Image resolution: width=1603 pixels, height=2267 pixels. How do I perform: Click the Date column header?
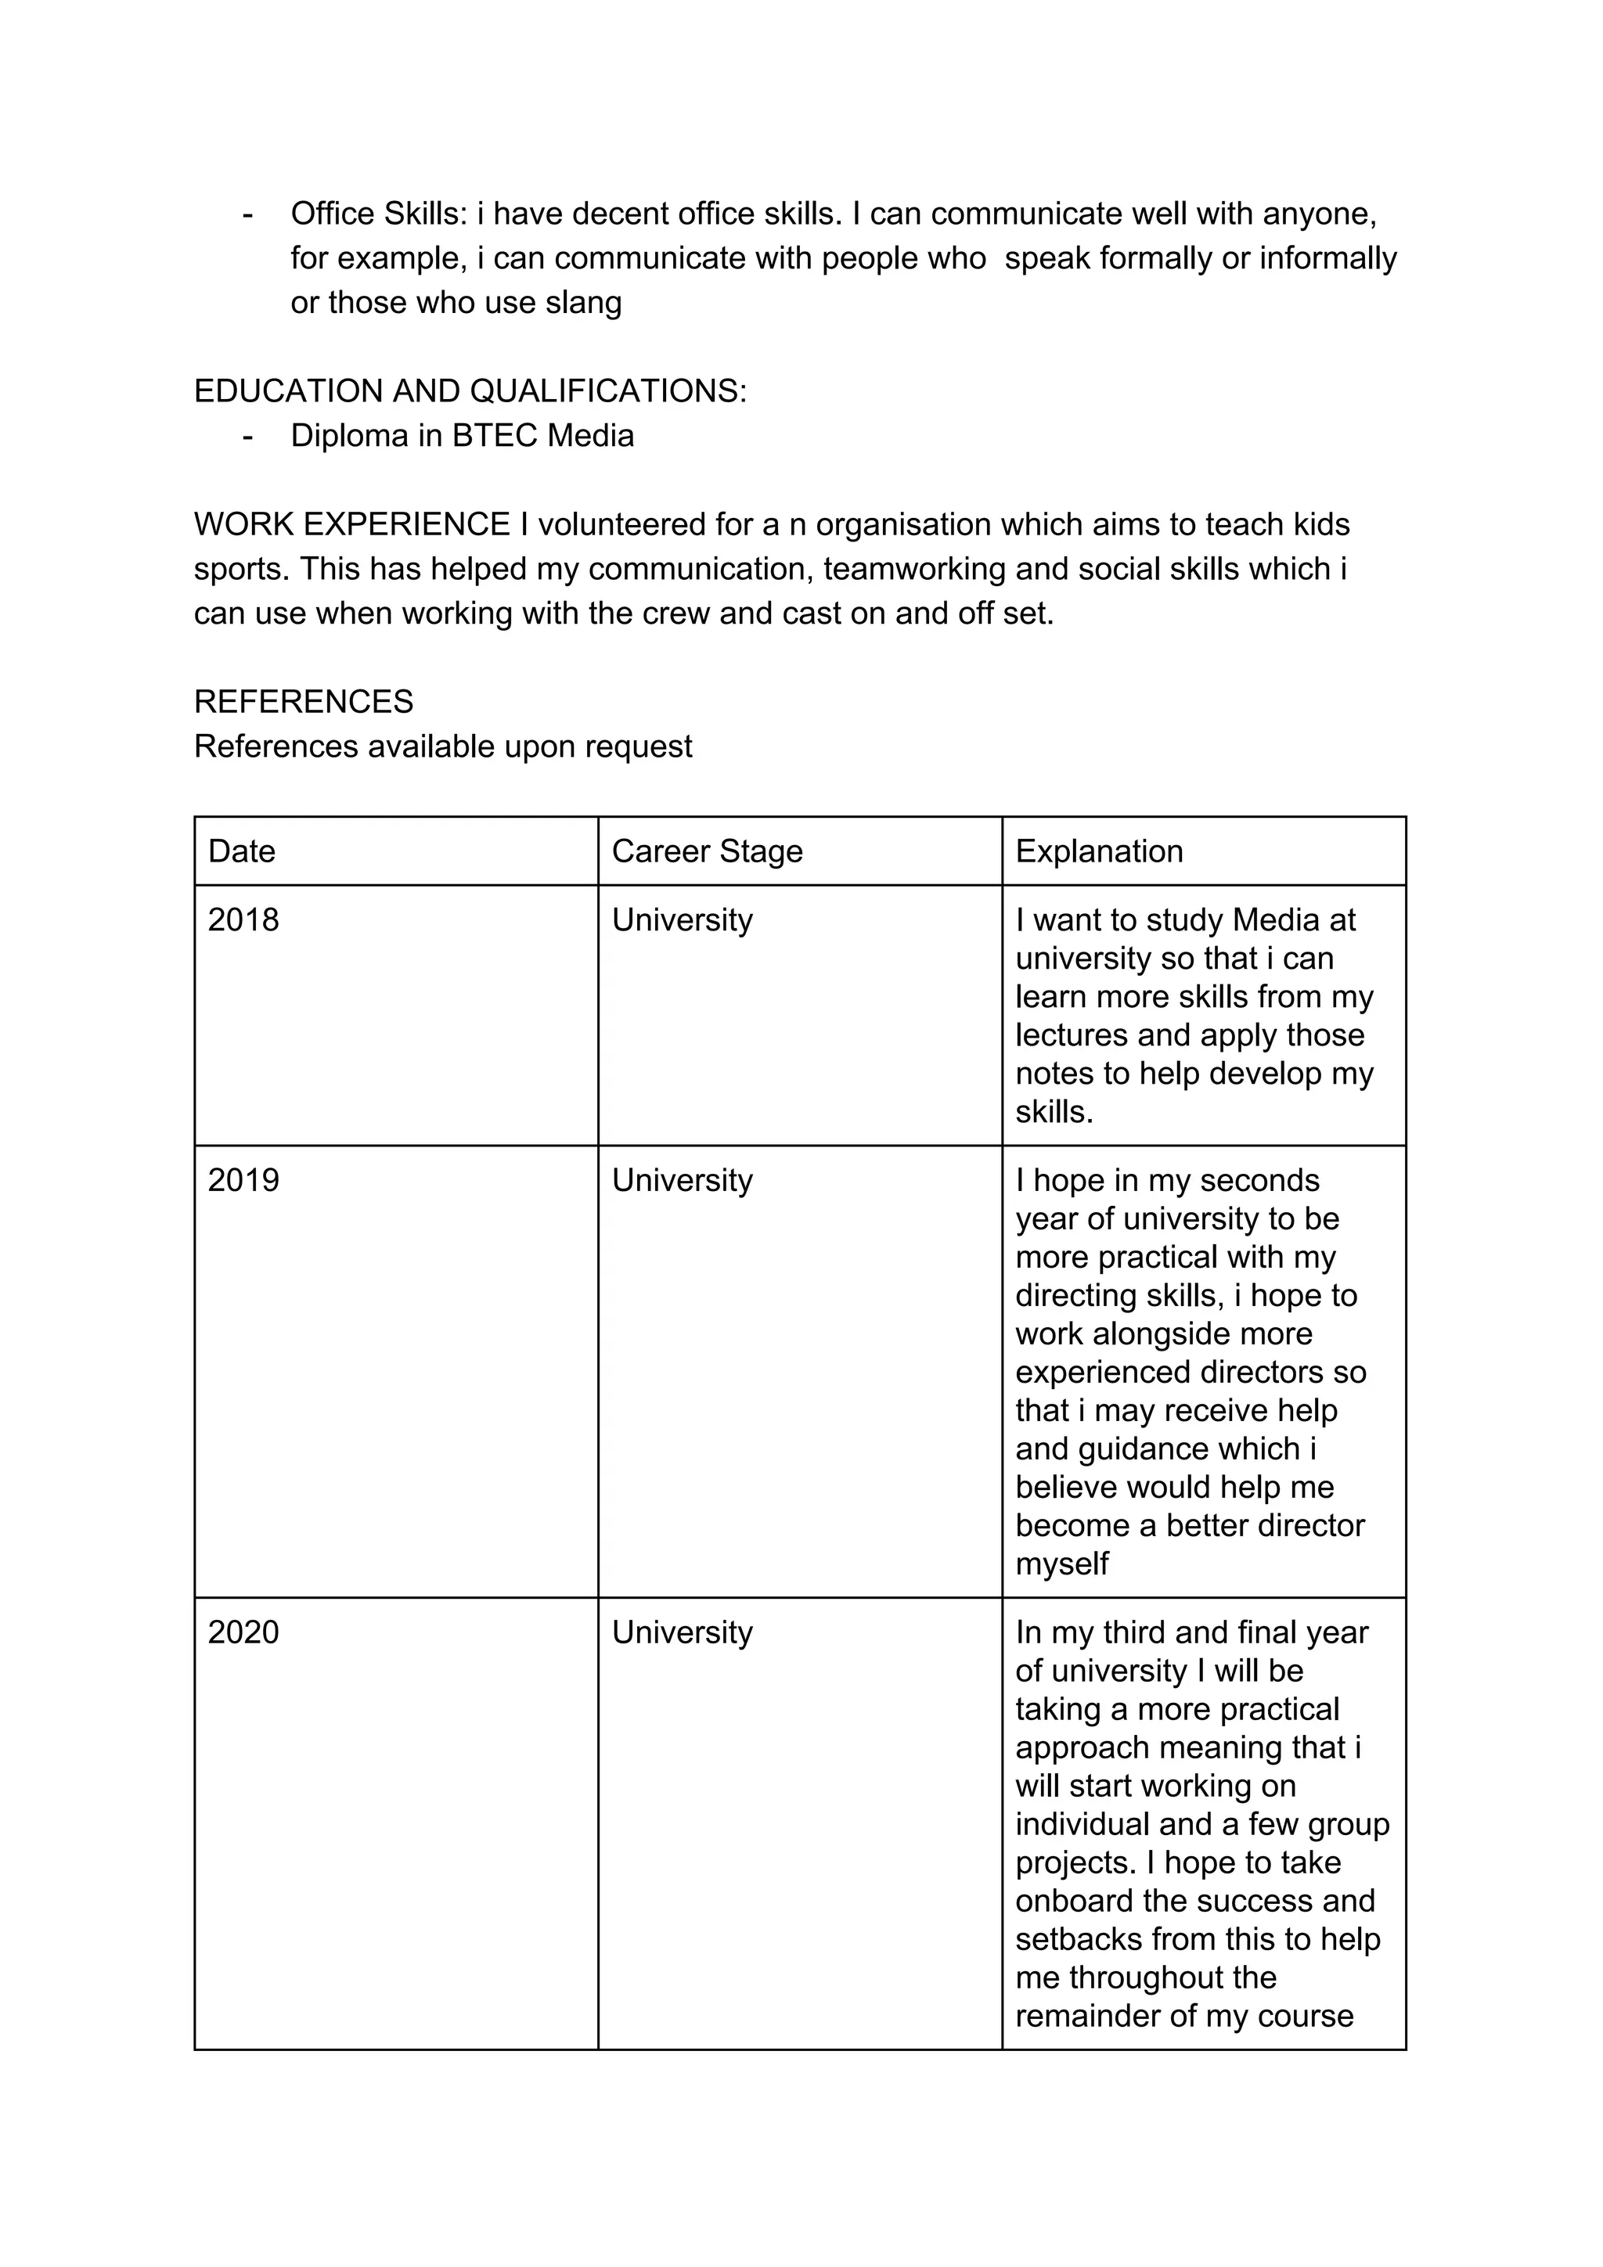241,851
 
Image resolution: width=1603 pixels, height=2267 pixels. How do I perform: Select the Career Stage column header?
706,851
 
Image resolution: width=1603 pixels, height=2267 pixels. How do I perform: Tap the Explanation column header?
1098,851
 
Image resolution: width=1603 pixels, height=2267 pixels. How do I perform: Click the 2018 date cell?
243,920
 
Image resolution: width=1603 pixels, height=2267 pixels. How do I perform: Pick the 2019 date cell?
243,1180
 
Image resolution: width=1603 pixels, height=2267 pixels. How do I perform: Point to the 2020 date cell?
243,1632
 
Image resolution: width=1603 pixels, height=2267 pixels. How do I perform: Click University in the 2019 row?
682,1180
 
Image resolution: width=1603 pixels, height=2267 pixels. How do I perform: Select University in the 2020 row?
682,1632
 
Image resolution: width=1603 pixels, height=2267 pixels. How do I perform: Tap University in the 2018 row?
682,920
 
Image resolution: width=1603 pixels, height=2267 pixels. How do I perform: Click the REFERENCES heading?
303,702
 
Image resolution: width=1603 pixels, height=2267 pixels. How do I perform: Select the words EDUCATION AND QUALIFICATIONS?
469,391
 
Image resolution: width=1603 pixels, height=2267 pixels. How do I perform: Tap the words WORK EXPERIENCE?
351,524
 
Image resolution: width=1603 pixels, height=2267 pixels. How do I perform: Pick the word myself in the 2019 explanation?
1062,1564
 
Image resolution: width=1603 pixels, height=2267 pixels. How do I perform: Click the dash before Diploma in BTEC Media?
247,435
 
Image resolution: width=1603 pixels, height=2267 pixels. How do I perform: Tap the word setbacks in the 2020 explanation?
1079,1939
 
